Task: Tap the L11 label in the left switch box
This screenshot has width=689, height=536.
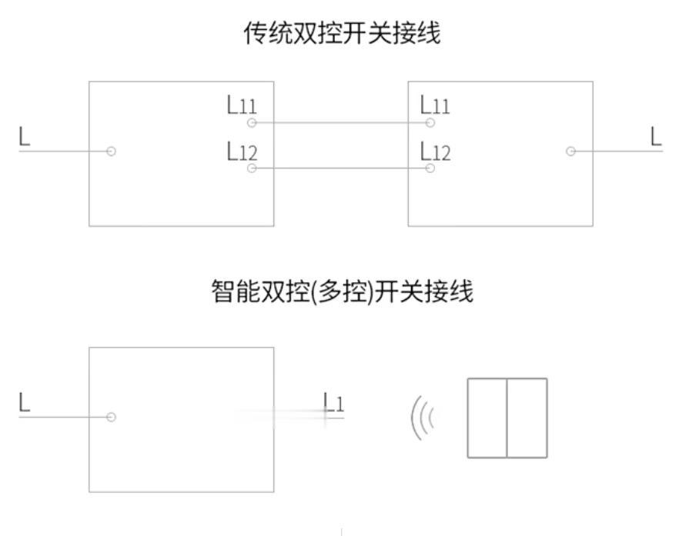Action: [241, 105]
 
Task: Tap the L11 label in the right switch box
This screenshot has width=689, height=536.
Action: [435, 105]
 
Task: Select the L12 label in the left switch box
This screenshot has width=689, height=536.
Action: [242, 151]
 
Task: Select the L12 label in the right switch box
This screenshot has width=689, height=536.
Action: [436, 151]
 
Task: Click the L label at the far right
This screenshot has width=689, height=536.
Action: [656, 136]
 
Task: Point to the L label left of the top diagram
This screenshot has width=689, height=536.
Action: [25, 136]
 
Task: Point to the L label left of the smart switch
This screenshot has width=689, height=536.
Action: [25, 402]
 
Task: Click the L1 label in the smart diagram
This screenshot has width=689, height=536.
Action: [333, 402]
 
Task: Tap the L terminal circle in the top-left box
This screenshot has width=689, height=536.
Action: [112, 151]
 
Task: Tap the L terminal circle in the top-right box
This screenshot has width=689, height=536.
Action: [570, 151]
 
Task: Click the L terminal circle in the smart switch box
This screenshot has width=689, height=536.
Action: [112, 417]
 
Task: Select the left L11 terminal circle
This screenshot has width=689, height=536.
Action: [252, 123]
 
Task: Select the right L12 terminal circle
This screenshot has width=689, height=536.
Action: [430, 168]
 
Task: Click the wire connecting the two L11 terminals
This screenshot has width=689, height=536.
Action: [341, 123]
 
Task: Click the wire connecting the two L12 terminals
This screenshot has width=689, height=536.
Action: [341, 168]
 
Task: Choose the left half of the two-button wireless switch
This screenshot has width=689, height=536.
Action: [487, 418]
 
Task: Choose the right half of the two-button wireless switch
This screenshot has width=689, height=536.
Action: [527, 418]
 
